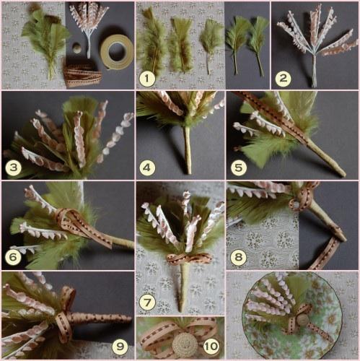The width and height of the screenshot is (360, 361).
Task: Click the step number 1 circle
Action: click(x=147, y=79)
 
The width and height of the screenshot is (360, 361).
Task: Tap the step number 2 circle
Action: click(x=283, y=79)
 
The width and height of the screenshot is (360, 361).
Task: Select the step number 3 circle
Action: click(x=14, y=168)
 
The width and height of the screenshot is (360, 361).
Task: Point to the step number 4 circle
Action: click(x=147, y=168)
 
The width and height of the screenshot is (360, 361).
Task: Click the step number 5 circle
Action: click(x=238, y=168)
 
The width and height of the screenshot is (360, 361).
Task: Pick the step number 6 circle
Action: click(x=13, y=257)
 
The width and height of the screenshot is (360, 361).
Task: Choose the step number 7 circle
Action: click(x=147, y=303)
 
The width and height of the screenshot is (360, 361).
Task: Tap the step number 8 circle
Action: click(x=238, y=257)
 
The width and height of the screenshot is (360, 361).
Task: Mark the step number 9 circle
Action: click(x=120, y=347)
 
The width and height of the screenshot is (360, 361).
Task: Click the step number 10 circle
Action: click(x=211, y=346)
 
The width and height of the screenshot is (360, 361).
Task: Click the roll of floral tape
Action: click(x=117, y=51)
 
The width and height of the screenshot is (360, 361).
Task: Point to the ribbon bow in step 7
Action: click(x=189, y=259)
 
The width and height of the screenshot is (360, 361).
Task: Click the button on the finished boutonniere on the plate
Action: click(x=302, y=320)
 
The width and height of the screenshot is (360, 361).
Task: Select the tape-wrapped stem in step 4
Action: click(x=188, y=149)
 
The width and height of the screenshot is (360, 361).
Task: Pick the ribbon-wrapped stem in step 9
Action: click(x=100, y=319)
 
